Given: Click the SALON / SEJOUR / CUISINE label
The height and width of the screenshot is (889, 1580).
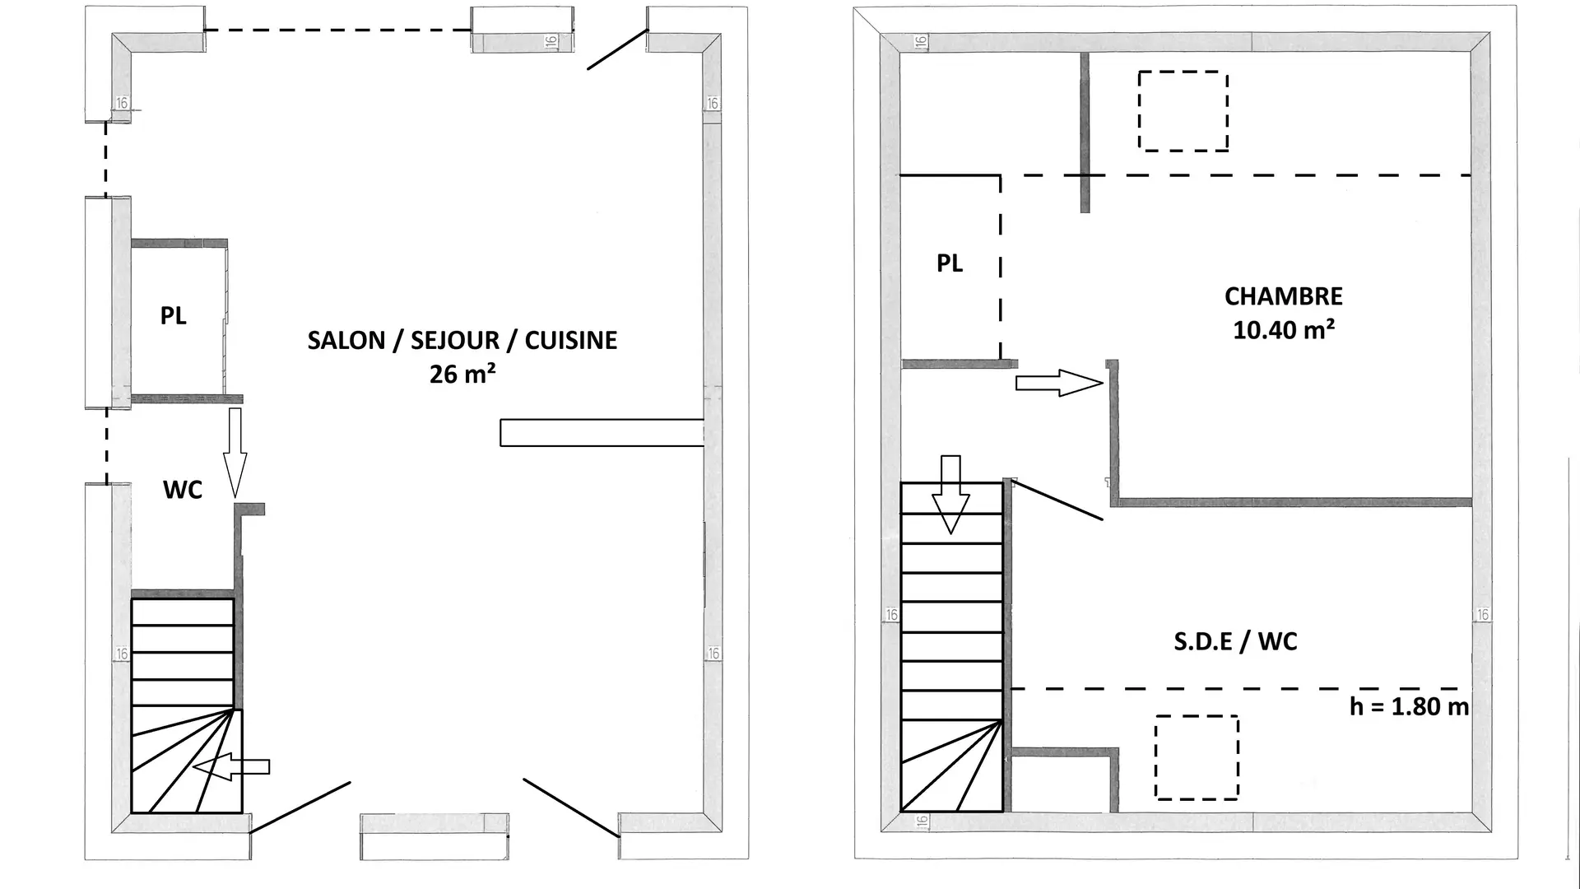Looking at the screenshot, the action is pyautogui.click(x=462, y=340).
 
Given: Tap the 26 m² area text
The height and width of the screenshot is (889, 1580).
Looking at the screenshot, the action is pyautogui.click(x=462, y=374).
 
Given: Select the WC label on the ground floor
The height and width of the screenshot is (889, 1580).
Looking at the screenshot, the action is pyautogui.click(x=183, y=490).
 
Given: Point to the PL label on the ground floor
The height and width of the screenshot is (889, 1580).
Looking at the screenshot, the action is pyautogui.click(x=173, y=315).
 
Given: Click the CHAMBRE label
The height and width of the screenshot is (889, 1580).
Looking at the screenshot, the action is pyautogui.click(x=1284, y=296).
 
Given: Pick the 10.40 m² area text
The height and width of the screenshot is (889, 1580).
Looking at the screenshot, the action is pyautogui.click(x=1284, y=330).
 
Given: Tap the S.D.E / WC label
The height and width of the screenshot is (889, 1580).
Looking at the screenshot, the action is pyautogui.click(x=1235, y=641).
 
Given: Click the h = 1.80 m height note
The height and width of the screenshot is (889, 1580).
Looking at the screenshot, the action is pyautogui.click(x=1409, y=706).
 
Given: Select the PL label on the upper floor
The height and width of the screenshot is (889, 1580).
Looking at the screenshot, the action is pyautogui.click(x=950, y=263).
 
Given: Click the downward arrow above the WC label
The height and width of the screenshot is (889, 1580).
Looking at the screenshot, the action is pyautogui.click(x=235, y=453).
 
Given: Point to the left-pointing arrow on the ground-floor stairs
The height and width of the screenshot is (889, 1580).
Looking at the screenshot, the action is pyautogui.click(x=231, y=767).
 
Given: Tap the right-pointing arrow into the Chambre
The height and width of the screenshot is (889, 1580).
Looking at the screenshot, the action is pyautogui.click(x=1059, y=383).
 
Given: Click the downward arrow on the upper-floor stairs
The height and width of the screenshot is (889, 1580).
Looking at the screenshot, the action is pyautogui.click(x=950, y=494).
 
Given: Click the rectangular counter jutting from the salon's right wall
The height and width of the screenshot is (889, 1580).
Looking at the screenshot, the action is pyautogui.click(x=602, y=433).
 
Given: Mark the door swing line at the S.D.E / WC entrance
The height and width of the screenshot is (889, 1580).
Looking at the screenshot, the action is pyautogui.click(x=1057, y=500).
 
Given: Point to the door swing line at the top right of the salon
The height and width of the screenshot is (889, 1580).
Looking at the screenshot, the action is pyautogui.click(x=617, y=50).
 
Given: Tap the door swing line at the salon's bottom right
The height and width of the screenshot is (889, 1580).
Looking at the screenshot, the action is pyautogui.click(x=571, y=808).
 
